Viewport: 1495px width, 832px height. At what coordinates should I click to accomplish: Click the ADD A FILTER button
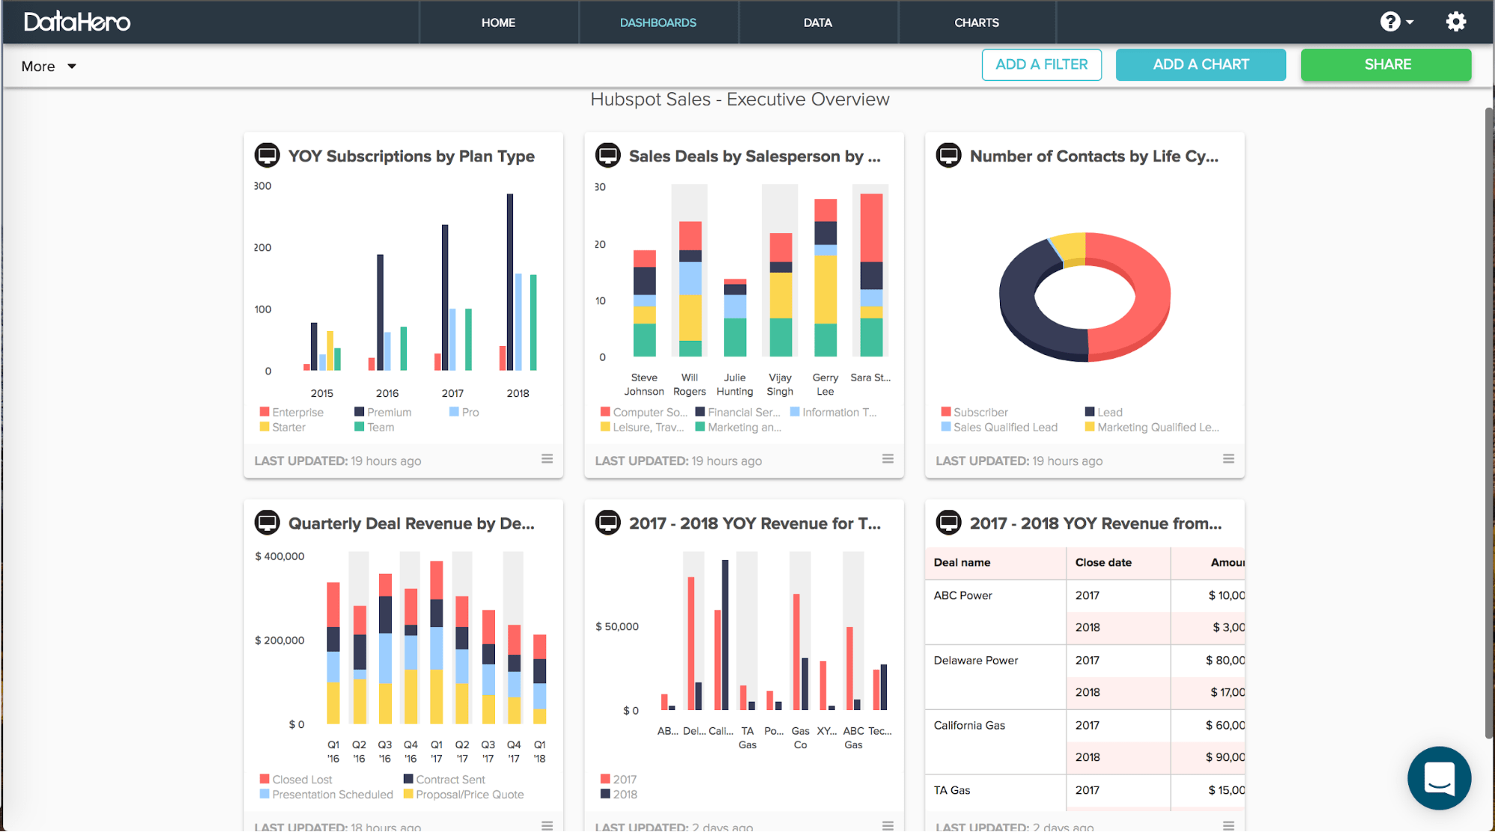1041,65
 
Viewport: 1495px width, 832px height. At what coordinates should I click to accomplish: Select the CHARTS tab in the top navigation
976,22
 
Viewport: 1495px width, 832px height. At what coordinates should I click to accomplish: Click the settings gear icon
1455,22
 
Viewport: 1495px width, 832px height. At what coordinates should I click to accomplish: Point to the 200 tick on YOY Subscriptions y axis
263,247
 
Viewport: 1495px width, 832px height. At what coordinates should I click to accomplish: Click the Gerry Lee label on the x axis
825,384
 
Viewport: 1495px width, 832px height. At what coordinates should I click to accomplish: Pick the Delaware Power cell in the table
976,661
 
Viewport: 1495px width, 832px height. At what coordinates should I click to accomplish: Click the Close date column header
1103,563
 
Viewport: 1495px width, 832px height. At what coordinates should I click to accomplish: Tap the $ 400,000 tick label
280,556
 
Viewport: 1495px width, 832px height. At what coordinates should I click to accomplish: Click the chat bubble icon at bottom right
1438,778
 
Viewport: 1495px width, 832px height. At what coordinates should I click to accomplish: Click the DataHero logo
77,22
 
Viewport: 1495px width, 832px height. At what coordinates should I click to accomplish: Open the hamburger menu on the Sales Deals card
888,459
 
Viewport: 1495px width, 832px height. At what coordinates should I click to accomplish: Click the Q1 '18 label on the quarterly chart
539,751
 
